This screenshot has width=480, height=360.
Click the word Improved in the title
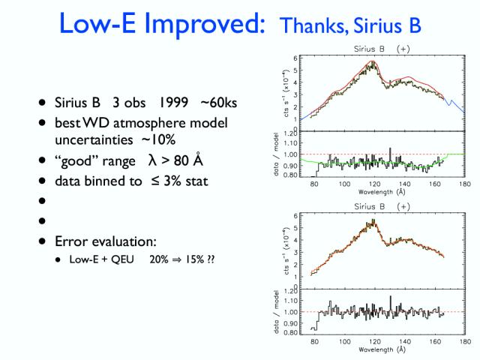tap(204, 25)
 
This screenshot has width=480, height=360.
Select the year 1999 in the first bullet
tap(172, 103)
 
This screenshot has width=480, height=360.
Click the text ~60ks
tap(218, 103)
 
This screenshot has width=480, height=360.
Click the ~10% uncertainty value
tap(158, 140)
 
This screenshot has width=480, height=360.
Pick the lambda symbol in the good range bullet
tap(152, 160)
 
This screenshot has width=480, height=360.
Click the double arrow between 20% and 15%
tap(177, 259)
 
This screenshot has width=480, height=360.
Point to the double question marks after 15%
tap(211, 259)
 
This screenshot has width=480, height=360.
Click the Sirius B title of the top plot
tap(369, 49)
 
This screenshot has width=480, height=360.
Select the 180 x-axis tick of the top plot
tap(465, 184)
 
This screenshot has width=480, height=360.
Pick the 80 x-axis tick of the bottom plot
tap(314, 341)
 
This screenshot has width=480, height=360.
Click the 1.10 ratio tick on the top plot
tap(290, 143)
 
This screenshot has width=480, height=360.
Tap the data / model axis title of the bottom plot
tap(277, 312)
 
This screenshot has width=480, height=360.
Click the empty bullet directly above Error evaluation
tap(42, 220)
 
